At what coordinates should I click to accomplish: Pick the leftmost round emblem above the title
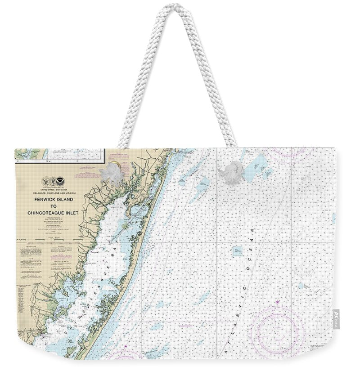pos(45,181)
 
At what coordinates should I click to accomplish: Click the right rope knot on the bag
pos(233,171)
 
